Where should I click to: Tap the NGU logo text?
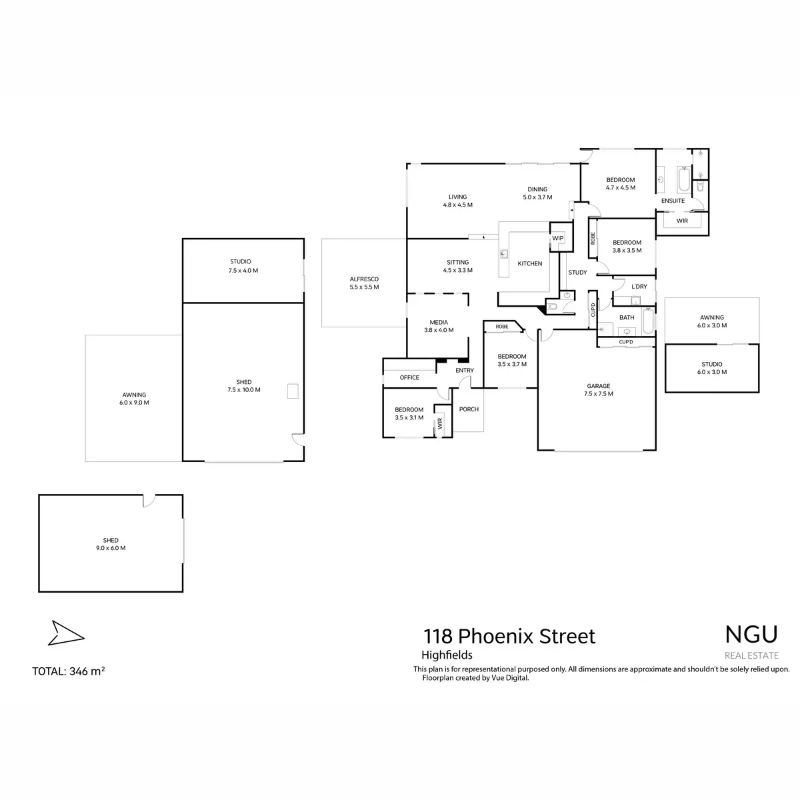click(x=751, y=634)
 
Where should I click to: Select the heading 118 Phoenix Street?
click(x=510, y=636)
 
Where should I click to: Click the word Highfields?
click(x=447, y=655)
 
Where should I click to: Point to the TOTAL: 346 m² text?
click(x=69, y=671)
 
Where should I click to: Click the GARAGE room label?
click(x=599, y=386)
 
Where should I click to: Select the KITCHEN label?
click(x=530, y=264)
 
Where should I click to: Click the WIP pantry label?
click(x=558, y=238)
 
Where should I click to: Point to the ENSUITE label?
click(x=673, y=201)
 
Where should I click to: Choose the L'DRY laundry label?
click(x=639, y=287)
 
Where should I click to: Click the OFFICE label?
click(x=409, y=377)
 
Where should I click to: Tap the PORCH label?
click(x=469, y=409)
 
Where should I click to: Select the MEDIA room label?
click(x=439, y=323)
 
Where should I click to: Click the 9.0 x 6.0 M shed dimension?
click(x=111, y=548)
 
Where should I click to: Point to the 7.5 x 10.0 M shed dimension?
click(x=243, y=390)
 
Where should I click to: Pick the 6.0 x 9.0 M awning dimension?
click(x=134, y=403)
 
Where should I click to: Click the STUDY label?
click(x=577, y=272)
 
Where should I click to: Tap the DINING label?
click(x=537, y=189)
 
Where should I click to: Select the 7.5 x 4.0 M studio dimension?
click(x=243, y=271)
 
